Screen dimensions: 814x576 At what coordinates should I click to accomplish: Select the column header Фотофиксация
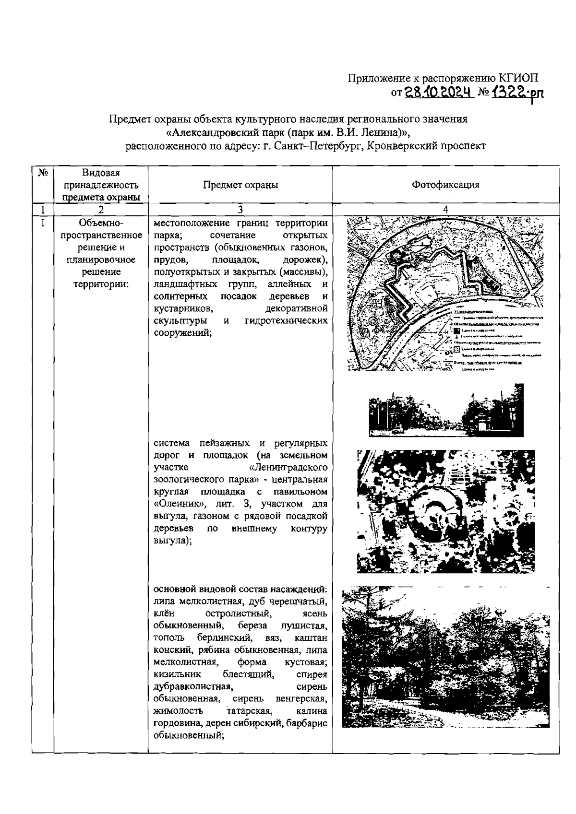(445, 185)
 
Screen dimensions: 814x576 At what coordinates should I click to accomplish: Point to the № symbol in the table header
(42, 173)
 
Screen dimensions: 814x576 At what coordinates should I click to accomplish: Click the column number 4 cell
(445, 210)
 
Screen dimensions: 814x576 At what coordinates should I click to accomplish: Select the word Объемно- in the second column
(101, 223)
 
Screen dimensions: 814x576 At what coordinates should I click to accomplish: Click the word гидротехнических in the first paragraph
(286, 320)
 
